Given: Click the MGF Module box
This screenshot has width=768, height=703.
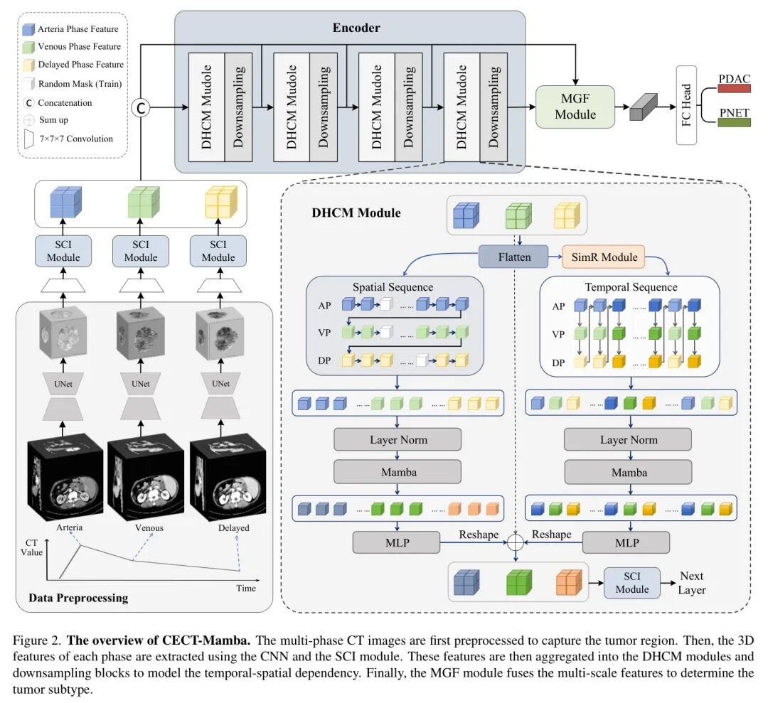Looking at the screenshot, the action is (575, 107).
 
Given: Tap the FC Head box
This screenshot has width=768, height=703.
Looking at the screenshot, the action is (686, 105).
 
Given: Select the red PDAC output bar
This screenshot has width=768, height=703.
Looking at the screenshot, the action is (734, 89).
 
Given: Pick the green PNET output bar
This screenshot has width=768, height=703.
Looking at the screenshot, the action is (734, 122).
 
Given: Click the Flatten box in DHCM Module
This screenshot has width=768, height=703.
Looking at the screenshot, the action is (513, 257).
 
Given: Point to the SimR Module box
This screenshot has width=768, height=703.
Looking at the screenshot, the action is (604, 257).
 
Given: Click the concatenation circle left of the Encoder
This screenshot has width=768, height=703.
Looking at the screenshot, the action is (141, 108).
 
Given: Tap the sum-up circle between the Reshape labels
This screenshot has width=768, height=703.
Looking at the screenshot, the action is (516, 542).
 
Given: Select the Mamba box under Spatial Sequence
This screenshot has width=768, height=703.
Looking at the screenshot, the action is (398, 472).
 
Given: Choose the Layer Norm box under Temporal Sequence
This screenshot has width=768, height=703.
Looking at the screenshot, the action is (628, 439).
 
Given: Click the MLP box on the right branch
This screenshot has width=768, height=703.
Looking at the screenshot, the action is (626, 542).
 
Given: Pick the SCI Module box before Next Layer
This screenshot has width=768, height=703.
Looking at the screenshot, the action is (632, 583).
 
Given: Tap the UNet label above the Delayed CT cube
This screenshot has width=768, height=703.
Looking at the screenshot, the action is (221, 384).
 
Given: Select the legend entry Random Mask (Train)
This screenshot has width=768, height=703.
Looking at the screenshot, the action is (73, 84).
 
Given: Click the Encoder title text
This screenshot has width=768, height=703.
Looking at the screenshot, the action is (356, 28).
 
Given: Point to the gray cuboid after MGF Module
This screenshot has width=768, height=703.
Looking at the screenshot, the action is (643, 107).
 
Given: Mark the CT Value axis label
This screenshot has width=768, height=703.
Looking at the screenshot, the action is (31, 547).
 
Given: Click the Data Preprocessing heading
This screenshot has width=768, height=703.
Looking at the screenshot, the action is (78, 598).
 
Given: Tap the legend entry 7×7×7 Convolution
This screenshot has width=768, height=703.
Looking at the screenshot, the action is (68, 139).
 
